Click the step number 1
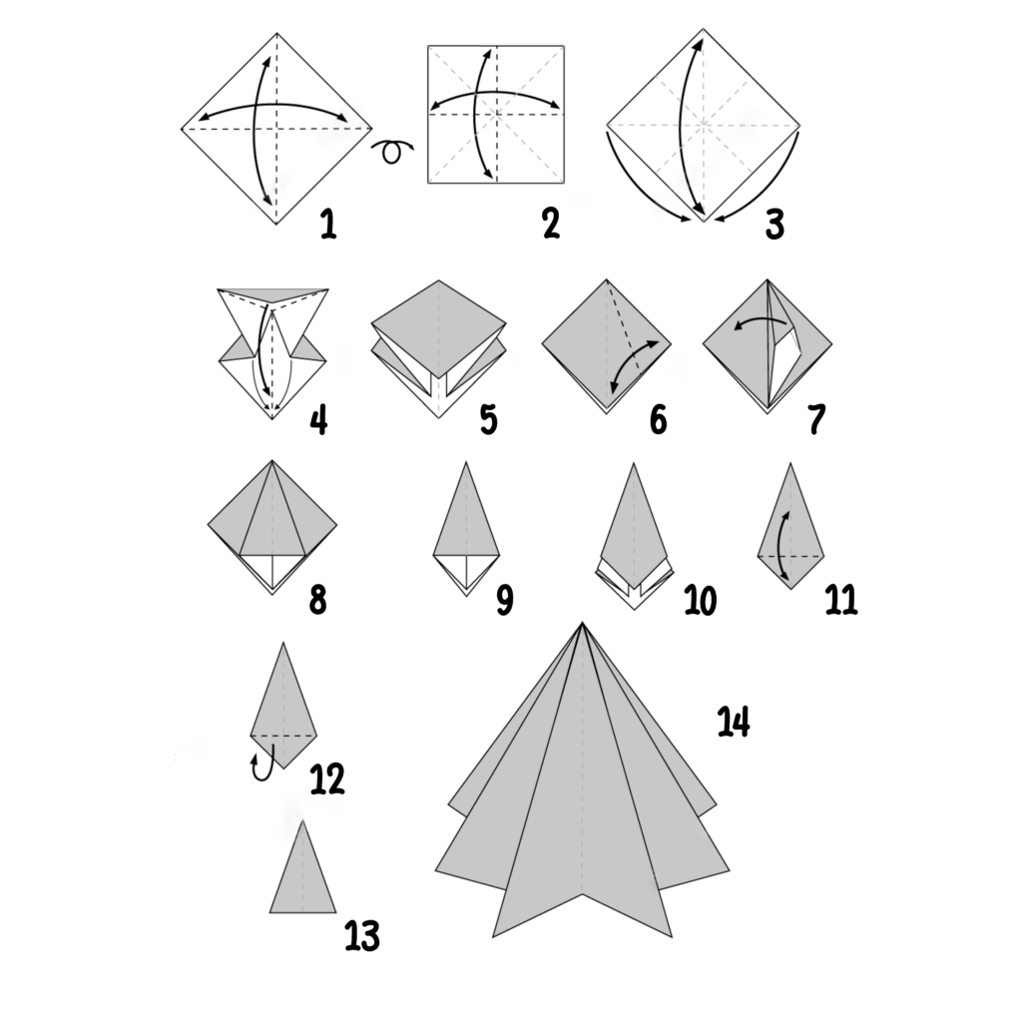pyautogui.click(x=328, y=225)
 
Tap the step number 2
pyautogui.click(x=551, y=225)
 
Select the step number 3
pyautogui.click(x=774, y=225)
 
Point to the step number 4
pyautogui.click(x=318, y=420)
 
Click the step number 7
pyautogui.click(x=816, y=420)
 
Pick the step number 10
pyautogui.click(x=701, y=600)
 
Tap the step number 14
pyautogui.click(x=734, y=723)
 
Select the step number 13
pyautogui.click(x=362, y=936)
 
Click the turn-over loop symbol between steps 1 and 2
pyautogui.click(x=392, y=152)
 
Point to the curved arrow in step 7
pyautogui.click(x=760, y=321)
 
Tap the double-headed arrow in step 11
pyautogui.click(x=782, y=546)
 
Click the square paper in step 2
pyautogui.click(x=496, y=114)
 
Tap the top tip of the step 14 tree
pyautogui.click(x=582, y=623)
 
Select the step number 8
pyautogui.click(x=317, y=600)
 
